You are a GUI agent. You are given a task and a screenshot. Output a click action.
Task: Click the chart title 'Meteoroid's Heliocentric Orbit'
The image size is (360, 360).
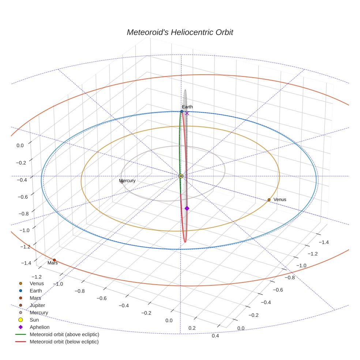(x=180, y=32)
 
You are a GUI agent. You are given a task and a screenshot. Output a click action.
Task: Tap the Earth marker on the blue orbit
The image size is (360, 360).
(x=182, y=111)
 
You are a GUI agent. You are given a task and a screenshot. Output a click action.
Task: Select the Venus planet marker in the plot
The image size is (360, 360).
(x=269, y=200)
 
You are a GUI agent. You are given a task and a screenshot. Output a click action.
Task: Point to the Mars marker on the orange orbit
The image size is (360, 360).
(x=54, y=260)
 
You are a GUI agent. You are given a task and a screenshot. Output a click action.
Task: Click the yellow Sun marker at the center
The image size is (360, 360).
(x=181, y=176)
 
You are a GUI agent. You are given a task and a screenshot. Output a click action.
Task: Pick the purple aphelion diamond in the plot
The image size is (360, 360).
(x=187, y=208)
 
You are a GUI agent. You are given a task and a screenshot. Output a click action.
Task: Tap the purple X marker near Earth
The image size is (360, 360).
(x=187, y=113)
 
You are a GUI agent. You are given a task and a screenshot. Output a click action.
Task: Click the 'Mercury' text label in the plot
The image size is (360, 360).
(x=127, y=181)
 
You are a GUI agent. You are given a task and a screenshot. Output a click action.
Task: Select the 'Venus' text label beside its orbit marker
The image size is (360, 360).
(x=280, y=199)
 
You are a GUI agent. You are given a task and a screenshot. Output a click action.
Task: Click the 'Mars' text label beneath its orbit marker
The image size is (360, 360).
(x=53, y=263)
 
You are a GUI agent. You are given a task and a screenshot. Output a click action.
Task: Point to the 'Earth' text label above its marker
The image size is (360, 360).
(x=187, y=107)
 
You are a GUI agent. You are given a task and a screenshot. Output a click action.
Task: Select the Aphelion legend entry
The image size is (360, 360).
(x=39, y=327)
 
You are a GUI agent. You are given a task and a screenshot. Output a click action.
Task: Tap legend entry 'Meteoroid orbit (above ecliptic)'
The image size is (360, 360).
(x=64, y=334)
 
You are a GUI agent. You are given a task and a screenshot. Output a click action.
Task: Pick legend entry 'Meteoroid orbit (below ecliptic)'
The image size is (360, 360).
(x=64, y=342)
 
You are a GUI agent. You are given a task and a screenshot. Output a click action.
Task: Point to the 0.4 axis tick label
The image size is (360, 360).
(x=215, y=336)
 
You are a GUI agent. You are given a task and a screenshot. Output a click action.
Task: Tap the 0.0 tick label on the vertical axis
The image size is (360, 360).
(x=20, y=145)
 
